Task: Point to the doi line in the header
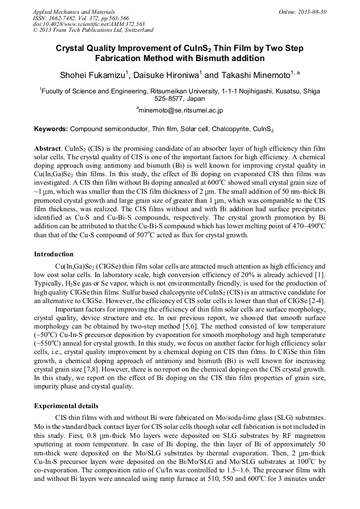pyautogui.click(x=89, y=24)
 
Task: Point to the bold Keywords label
pyautogui.click(x=51, y=129)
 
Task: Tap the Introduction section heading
pyautogui.click(x=54, y=254)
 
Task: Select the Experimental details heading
pyautogui.click(x=66, y=406)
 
